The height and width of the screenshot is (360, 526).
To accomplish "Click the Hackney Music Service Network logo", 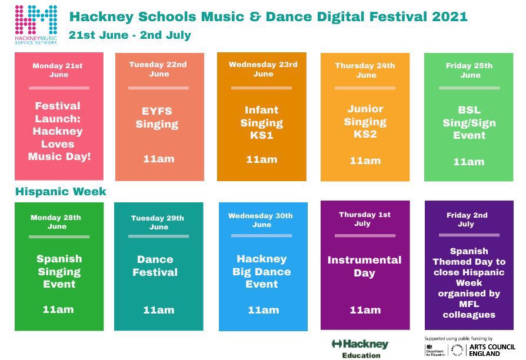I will point(36,23).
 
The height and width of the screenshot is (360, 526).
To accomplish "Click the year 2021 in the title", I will point(450,16).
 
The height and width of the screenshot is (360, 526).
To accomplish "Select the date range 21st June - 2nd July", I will point(129,35).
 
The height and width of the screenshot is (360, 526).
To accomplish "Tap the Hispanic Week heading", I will point(61,192).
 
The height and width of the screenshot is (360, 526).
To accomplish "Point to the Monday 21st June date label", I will point(58,70).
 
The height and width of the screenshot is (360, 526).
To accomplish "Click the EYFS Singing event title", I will point(157,117).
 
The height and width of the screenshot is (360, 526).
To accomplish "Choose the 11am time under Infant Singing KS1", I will point(261,159).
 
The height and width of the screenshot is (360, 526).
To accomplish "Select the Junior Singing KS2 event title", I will point(365,122).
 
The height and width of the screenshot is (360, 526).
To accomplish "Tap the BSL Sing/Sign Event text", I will point(468,122).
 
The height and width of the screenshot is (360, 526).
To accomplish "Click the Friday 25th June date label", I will point(469,70).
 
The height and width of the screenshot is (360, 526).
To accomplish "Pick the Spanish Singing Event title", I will point(59,271).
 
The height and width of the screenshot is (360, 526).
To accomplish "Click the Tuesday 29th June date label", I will point(158,222).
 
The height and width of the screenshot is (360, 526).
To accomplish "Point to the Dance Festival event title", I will point(155,266).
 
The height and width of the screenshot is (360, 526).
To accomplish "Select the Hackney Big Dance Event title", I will point(262,271).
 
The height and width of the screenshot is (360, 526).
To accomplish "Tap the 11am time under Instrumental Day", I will point(365,309).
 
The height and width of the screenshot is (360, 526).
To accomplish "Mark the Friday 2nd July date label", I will point(465,219).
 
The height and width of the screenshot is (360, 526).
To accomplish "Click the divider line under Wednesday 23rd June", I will point(261,88).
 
